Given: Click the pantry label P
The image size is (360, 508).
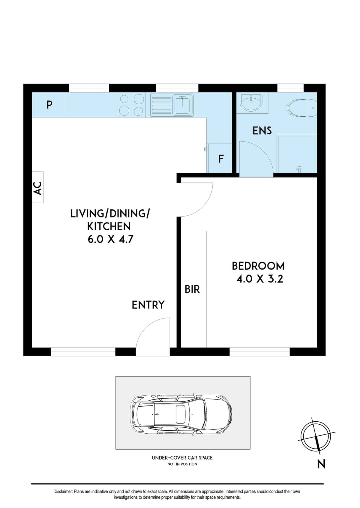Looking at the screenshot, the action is [49, 105].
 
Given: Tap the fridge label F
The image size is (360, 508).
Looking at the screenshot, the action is [221, 159].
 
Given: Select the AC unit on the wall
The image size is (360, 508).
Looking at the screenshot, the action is [38, 187].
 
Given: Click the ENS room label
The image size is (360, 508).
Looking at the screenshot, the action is [262, 131].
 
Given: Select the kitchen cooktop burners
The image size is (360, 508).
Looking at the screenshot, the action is [131, 105].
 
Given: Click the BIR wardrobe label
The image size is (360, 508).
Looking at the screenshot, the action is [192, 289].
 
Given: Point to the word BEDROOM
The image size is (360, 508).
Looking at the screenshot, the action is [258, 266].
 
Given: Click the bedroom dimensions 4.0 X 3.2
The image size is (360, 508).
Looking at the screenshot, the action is [260, 279].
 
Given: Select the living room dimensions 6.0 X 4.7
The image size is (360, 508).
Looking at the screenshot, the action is [110, 240].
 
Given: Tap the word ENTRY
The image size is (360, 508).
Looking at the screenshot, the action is [148, 305].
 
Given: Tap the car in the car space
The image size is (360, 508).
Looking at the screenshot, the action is [181, 414].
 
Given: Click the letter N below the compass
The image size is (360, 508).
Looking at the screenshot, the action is [321, 464].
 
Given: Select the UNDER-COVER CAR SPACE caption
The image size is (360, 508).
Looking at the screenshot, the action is [182, 458].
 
